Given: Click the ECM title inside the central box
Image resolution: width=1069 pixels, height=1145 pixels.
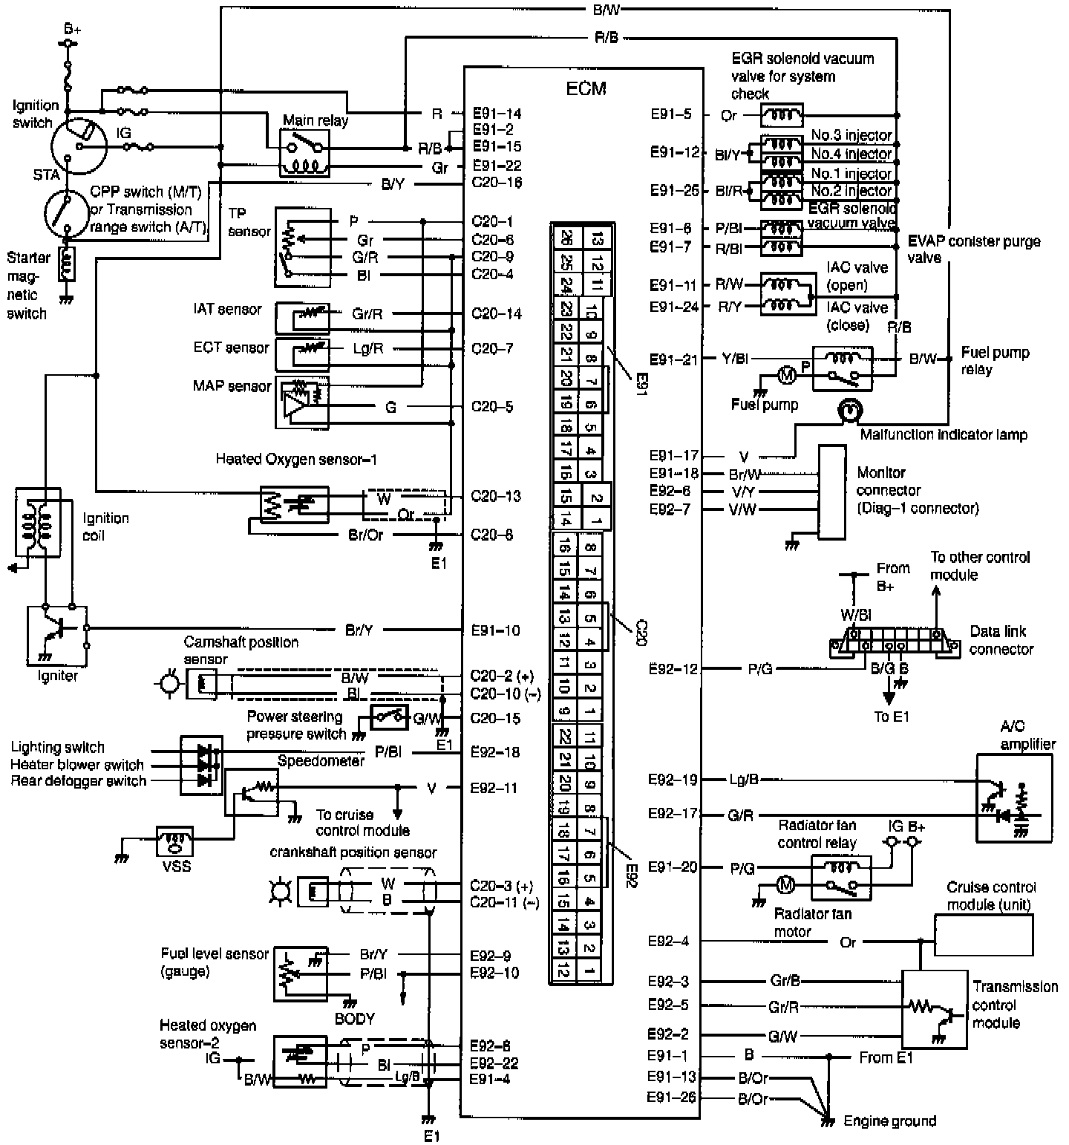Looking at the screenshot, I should (586, 88).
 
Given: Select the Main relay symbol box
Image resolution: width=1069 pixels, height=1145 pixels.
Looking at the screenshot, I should (304, 152).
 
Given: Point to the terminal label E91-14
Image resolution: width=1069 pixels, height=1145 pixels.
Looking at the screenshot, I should (497, 114).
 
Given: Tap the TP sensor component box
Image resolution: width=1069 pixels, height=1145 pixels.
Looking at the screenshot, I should (302, 247).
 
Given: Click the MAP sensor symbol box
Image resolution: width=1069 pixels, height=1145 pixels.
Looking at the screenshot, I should (302, 402).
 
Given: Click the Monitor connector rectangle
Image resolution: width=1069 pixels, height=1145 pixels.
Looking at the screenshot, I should (831, 492).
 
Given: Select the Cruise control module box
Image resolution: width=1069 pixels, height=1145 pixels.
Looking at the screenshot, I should (983, 935).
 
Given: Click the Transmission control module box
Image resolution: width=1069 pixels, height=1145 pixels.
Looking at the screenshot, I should (934, 1009).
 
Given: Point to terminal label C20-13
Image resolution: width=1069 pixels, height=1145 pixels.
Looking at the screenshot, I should (497, 496).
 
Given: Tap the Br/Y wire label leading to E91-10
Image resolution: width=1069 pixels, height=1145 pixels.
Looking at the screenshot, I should (359, 630).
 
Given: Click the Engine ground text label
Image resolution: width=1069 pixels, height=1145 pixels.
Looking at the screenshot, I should (889, 1120).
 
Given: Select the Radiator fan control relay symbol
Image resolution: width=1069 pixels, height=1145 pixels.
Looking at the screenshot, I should (842, 877).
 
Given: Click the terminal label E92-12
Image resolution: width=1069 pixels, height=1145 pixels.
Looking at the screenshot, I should (673, 668).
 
